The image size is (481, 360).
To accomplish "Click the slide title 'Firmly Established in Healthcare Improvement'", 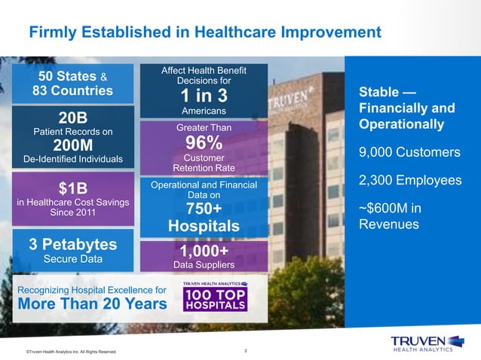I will tap(204, 32).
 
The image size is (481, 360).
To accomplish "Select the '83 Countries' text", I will tap(72, 91).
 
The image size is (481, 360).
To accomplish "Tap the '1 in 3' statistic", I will tap(204, 96).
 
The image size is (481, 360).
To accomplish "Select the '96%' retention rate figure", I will tap(204, 142).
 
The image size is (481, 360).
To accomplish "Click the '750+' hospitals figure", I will tap(204, 209).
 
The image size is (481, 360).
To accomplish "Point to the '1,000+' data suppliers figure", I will tap(204, 250).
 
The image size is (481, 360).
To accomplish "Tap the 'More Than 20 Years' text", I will tap(91, 304).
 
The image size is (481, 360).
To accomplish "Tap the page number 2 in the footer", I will tap(247, 350).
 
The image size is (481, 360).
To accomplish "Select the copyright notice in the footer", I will tap(71, 352).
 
